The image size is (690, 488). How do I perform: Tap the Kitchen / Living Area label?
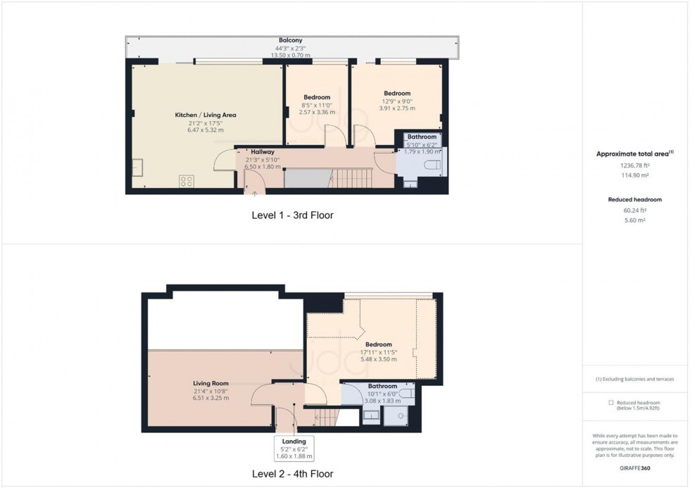tap(205, 115)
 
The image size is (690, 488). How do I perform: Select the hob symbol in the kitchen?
tap(187, 181)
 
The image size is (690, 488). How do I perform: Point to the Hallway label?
tap(263, 151)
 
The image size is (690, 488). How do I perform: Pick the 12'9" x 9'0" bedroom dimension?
tap(397, 101)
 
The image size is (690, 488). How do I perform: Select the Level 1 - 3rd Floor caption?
tap(291, 215)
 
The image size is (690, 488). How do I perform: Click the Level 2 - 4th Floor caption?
tap(291, 474)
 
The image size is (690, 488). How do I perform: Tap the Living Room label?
tap(211, 383)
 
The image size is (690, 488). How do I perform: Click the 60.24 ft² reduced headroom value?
tap(636, 210)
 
